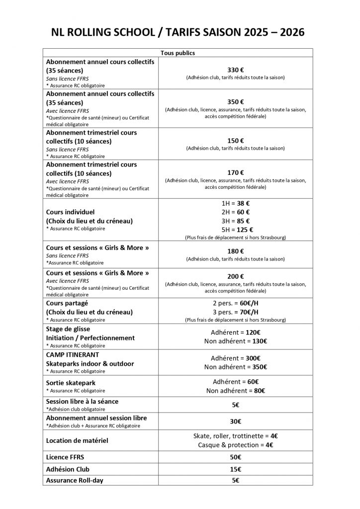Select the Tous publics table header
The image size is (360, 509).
pyautogui.click(x=178, y=52)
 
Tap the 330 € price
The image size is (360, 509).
pyautogui.click(x=235, y=70)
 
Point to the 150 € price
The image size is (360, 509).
pyautogui.click(x=235, y=140)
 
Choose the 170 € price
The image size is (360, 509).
pyautogui.click(x=235, y=172)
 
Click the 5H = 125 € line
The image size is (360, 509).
pyautogui.click(x=235, y=229)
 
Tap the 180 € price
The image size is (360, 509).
pyautogui.click(x=235, y=251)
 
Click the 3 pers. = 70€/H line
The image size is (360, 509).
pyautogui.click(x=235, y=312)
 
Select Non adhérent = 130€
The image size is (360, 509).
pyautogui.click(x=235, y=341)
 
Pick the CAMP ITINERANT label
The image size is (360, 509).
pyautogui.click(x=73, y=354)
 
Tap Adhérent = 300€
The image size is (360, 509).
pyautogui.click(x=235, y=358)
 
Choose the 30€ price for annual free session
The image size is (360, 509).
pyautogui.click(x=235, y=421)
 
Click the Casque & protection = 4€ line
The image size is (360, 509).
pyautogui.click(x=235, y=445)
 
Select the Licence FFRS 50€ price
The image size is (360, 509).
pyautogui.click(x=235, y=457)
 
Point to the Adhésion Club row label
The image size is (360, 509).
pyautogui.click(x=68, y=469)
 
